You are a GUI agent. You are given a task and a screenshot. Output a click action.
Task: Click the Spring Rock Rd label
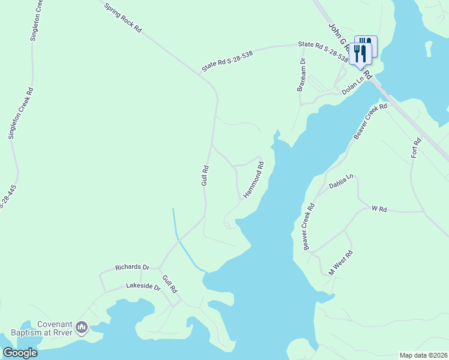click(x=122, y=18)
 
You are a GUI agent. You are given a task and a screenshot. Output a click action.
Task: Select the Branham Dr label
click(x=302, y=75)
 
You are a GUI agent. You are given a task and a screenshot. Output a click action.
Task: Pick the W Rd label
click(x=379, y=209)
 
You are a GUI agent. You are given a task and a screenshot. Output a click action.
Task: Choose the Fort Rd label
click(x=416, y=148)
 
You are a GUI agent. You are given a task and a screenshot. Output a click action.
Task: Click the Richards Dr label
click(x=132, y=267)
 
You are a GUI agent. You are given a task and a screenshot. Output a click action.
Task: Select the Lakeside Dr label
click(x=143, y=287)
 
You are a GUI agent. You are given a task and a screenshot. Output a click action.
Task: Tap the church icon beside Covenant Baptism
click(x=82, y=328)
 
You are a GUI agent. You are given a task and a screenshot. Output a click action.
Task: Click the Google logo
click(x=20, y=353)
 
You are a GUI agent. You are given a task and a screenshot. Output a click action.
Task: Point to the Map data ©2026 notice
click(x=423, y=355)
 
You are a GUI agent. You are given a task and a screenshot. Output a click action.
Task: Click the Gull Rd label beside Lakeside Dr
click(x=169, y=284)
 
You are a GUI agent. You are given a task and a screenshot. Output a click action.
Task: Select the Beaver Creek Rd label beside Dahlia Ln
click(x=309, y=227)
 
